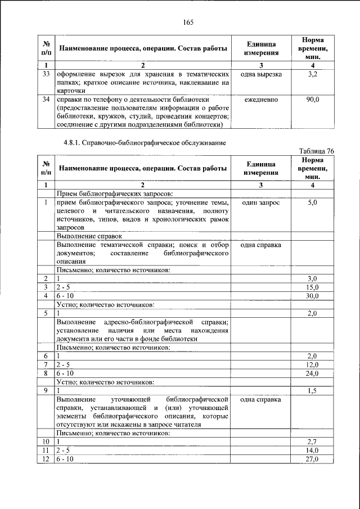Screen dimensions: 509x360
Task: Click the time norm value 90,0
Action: click(313, 100)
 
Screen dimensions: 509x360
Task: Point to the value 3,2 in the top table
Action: click(313, 74)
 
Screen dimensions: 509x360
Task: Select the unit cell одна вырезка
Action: click(261, 74)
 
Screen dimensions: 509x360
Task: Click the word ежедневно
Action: click(261, 100)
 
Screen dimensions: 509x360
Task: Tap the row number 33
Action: click(47, 74)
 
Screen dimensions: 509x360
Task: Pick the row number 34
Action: click(47, 100)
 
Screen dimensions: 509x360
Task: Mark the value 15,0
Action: click(313, 287)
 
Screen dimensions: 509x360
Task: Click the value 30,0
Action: click(313, 295)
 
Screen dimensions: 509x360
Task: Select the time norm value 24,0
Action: click(313, 373)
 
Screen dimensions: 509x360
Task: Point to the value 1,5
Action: click(313, 390)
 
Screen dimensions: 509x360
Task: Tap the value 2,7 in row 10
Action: click(313, 442)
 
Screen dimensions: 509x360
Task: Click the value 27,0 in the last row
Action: click(313, 459)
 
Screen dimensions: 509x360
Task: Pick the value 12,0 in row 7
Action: click(313, 364)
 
